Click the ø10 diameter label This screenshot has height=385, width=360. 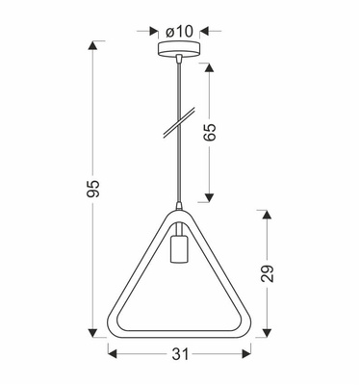pos(180,32)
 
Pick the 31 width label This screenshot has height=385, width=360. pos(180,355)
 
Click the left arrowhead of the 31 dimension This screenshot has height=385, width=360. pos(112,355)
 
